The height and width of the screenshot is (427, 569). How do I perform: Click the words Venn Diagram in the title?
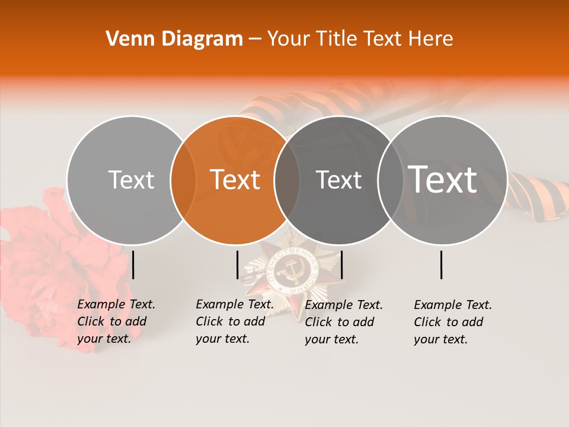pyautogui.click(x=174, y=39)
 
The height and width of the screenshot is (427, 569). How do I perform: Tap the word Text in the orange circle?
pyautogui.click(x=235, y=180)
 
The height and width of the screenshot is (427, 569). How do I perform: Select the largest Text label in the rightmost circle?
pyautogui.click(x=443, y=179)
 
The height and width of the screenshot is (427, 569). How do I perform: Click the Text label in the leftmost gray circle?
pyautogui.click(x=131, y=180)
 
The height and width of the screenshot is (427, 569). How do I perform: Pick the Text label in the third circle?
pyautogui.click(x=338, y=180)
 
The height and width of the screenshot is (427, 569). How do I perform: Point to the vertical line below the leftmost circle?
pyautogui.click(x=133, y=265)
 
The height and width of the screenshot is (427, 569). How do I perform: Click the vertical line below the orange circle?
pyautogui.click(x=237, y=265)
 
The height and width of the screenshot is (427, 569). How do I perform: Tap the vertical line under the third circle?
pyautogui.click(x=341, y=265)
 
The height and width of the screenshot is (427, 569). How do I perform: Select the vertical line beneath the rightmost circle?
pyautogui.click(x=442, y=265)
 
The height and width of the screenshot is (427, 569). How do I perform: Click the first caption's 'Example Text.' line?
pyautogui.click(x=116, y=304)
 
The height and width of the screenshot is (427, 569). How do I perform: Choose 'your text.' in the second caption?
pyautogui.click(x=223, y=339)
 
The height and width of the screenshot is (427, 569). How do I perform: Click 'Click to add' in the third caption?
pyautogui.click(x=340, y=321)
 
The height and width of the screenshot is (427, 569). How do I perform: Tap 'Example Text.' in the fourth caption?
pyautogui.click(x=453, y=305)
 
